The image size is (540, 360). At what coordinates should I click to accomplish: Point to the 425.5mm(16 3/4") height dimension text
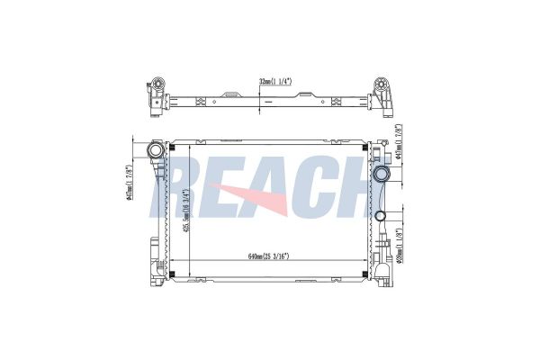[x=185, y=214]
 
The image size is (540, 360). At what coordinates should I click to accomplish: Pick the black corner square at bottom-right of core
[x=364, y=274]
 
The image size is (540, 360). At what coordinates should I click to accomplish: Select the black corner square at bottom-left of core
[x=171, y=274]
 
